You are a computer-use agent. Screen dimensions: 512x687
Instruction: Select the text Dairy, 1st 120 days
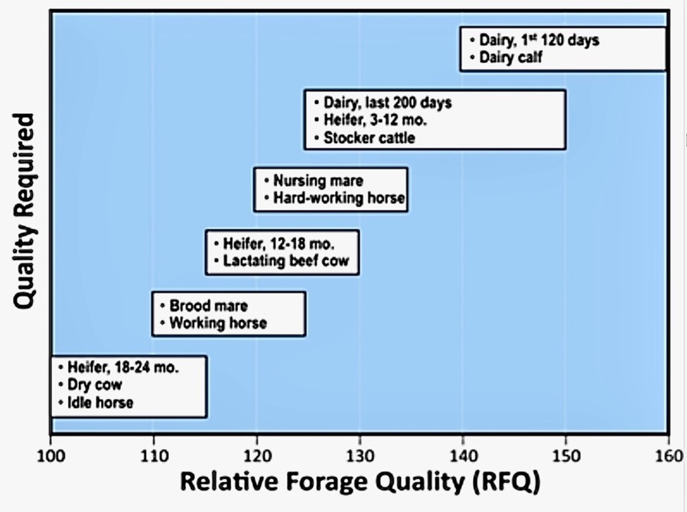click(534, 41)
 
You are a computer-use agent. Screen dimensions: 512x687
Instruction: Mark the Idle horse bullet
click(99, 403)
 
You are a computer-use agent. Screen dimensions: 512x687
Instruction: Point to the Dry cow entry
click(94, 385)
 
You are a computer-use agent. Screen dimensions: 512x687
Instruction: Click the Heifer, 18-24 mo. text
click(122, 368)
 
